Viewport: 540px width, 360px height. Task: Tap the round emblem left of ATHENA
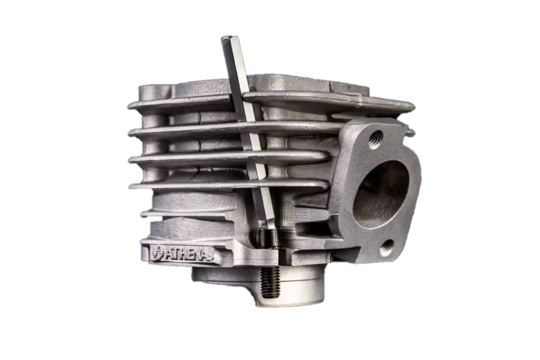click(x=157, y=252)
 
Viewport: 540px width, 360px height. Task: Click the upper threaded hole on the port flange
click(x=376, y=139)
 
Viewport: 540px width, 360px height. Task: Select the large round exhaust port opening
click(x=381, y=194)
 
